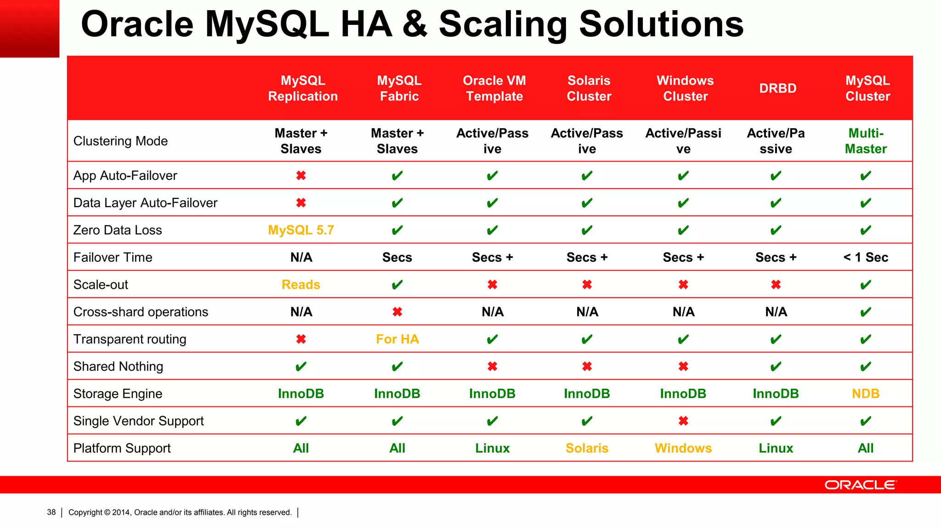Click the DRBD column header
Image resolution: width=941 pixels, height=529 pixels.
tap(777, 88)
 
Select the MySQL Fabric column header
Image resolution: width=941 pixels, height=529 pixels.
tap(399, 88)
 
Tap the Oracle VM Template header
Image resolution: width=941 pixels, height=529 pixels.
tap(494, 88)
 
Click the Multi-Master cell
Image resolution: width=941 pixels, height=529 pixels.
tap(866, 141)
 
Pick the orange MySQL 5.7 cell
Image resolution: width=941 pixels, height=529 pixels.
tap(301, 230)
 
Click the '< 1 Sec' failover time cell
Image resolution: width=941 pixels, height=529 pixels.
tap(866, 257)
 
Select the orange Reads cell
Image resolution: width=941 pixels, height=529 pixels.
tap(301, 285)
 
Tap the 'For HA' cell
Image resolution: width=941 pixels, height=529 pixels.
tap(397, 339)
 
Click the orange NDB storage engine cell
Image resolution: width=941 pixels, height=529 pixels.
tap(866, 394)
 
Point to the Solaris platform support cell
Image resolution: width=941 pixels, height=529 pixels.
tap(587, 448)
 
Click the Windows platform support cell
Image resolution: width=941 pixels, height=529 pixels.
tap(683, 448)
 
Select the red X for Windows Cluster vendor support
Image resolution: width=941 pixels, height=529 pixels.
tap(683, 421)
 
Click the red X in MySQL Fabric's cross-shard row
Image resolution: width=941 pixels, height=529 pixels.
tap(397, 312)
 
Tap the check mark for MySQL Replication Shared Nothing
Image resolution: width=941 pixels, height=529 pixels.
tap(301, 366)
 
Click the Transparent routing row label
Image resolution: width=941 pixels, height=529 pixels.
tap(130, 339)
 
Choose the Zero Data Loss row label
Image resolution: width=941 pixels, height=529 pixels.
tap(118, 230)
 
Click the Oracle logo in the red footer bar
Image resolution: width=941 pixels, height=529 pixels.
tap(860, 485)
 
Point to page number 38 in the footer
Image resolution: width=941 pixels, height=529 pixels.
tap(51, 512)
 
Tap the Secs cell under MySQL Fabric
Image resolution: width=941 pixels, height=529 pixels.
tap(397, 257)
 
